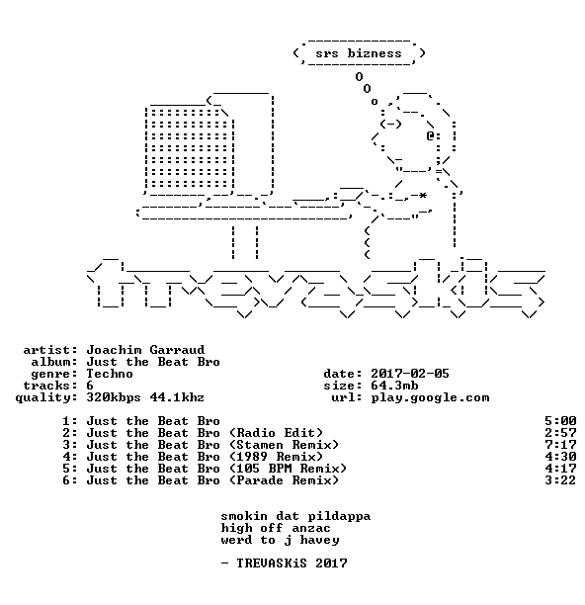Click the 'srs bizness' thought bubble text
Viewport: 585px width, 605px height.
359,53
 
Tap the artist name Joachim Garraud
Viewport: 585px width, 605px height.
145,350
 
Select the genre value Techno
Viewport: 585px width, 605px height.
110,374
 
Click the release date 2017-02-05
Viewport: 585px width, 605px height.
410,374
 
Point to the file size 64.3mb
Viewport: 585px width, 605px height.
394,386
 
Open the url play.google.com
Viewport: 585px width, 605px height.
430,397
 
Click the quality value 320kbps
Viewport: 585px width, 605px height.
114,397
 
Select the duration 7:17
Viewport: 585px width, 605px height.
560,445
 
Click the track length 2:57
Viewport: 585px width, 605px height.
560,433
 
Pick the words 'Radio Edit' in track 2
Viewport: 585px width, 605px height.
276,433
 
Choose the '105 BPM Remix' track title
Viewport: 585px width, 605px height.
288,469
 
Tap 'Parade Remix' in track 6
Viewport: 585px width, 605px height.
284,480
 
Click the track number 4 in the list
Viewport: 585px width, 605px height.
66,457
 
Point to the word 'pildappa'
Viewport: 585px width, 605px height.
339,517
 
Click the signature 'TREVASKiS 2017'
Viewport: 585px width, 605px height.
292,563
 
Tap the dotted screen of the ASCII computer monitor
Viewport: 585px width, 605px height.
189,148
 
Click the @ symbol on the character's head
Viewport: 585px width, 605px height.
431,135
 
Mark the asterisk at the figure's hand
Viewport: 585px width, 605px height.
423,196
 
